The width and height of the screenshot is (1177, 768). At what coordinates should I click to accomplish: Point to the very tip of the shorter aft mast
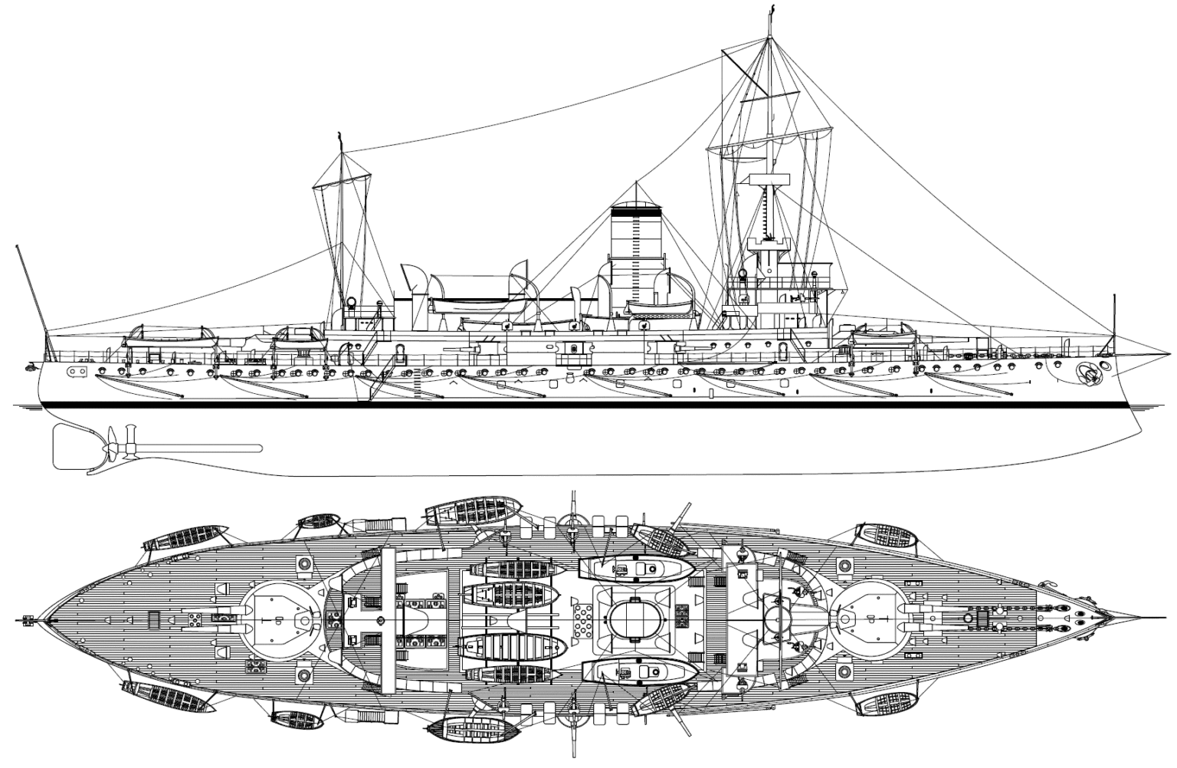(339, 135)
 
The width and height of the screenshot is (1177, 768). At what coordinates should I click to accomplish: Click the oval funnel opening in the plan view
(635, 617)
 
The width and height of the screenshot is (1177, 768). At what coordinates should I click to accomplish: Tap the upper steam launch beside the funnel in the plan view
(636, 568)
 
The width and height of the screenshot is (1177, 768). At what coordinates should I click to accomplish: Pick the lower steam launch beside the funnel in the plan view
(638, 672)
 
